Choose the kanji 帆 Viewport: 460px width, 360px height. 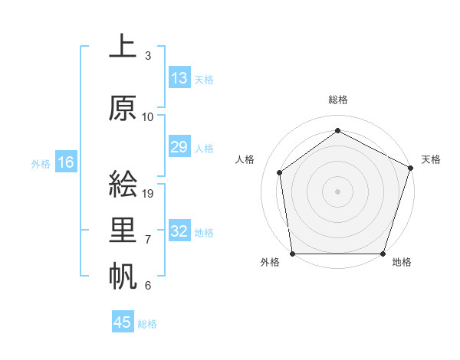pyautogui.click(x=123, y=276)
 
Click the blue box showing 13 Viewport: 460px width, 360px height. pyautogui.click(x=179, y=78)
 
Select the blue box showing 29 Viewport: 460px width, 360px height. pyautogui.click(x=179, y=147)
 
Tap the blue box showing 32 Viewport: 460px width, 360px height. pyautogui.click(x=179, y=231)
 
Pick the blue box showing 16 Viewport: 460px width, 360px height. pyautogui.click(x=65, y=162)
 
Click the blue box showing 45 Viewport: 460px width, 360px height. pyautogui.click(x=123, y=322)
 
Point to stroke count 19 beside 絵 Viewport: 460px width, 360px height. pyautogui.click(x=149, y=193)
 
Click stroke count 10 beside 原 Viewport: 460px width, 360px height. pyautogui.click(x=148, y=117)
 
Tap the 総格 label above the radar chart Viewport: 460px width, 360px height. pyautogui.click(x=337, y=100)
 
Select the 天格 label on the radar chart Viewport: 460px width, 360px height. pyautogui.click(x=431, y=159)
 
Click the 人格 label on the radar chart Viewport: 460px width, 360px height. pyautogui.click(x=245, y=159)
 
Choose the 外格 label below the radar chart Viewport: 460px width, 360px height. pyautogui.click(x=270, y=263)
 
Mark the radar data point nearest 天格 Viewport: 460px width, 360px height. pyautogui.click(x=411, y=168)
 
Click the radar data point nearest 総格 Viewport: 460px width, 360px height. pyautogui.click(x=337, y=131)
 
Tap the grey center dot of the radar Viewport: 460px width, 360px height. pyautogui.click(x=337, y=191)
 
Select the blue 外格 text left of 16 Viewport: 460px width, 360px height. pyautogui.click(x=41, y=163)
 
